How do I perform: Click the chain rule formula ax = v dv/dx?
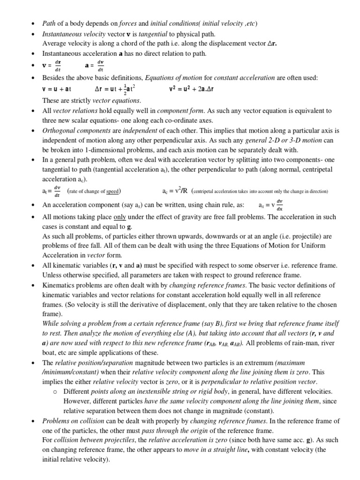coord(271,204)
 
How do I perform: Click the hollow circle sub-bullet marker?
coord(54,391)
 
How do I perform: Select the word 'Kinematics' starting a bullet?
coord(59,285)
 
